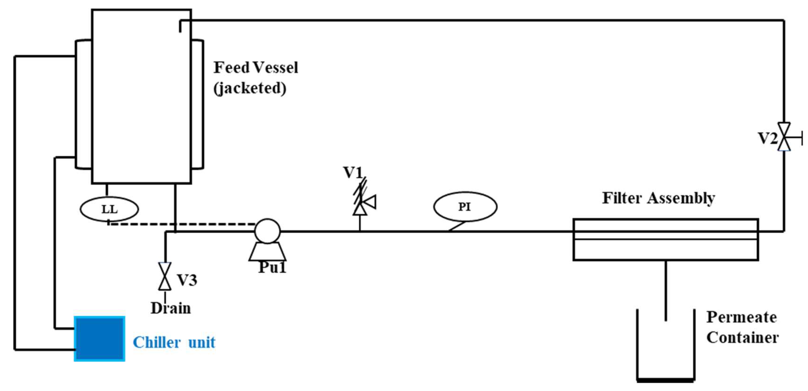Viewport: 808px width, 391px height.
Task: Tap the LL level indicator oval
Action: [x=109, y=209]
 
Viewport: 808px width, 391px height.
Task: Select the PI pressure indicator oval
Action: [x=465, y=207]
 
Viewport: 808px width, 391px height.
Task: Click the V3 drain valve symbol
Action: [x=165, y=276]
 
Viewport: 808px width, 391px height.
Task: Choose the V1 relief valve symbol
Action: [x=361, y=201]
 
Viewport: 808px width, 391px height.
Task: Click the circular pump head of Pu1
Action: [x=267, y=231]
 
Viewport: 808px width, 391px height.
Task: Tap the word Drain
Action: [x=171, y=308]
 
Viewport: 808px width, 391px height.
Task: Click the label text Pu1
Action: [x=272, y=267]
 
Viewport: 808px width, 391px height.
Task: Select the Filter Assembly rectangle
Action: [x=666, y=240]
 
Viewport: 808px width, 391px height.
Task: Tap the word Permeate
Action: [x=742, y=317]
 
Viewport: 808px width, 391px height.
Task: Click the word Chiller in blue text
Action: [x=157, y=342]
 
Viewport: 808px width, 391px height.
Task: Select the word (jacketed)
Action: [x=250, y=88]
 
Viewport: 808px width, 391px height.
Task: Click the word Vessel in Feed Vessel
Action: [x=275, y=67]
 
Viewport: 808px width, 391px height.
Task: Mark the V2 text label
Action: [x=767, y=138]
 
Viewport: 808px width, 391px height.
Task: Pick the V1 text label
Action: [x=353, y=172]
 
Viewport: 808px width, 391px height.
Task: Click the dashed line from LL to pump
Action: [x=182, y=224]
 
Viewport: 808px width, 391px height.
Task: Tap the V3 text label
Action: [x=187, y=280]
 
